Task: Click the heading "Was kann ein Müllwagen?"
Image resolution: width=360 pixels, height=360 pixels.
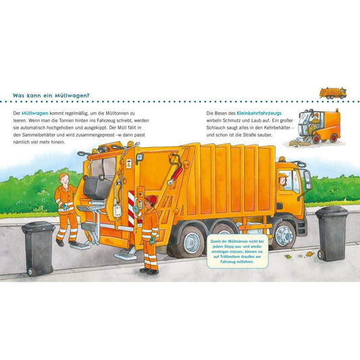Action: coord(51,95)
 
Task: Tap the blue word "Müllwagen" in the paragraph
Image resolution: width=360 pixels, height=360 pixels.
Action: coord(35,113)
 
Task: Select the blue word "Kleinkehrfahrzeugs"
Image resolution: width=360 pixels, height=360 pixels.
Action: coord(259,113)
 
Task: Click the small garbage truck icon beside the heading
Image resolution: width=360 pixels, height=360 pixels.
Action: coord(333,93)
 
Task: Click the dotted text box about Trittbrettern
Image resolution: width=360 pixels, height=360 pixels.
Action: coord(238,251)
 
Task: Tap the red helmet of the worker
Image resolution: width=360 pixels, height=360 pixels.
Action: coord(151,199)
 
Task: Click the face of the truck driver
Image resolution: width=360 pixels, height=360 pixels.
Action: coord(282,181)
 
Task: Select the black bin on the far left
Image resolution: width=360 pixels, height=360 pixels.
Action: coord(38,249)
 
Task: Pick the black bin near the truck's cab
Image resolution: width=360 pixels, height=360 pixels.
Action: coord(332,234)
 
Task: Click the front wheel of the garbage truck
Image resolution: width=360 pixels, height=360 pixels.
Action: coord(284,236)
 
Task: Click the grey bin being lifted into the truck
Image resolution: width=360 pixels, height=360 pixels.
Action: coord(98,186)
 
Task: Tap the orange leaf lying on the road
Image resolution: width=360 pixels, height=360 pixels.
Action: coord(310,254)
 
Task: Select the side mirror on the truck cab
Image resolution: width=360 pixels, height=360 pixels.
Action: coord(307,178)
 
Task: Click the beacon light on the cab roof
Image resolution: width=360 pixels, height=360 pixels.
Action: coord(282,159)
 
